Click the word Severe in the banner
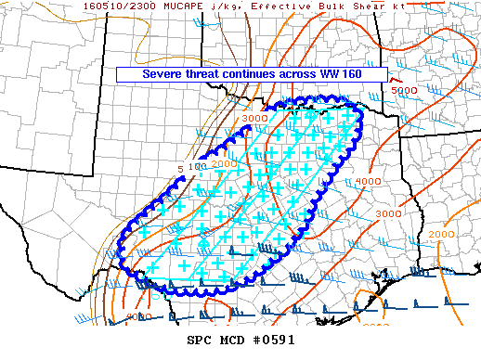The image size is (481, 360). (x=165, y=73)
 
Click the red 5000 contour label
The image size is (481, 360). (x=403, y=91)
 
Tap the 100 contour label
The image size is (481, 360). (x=196, y=167)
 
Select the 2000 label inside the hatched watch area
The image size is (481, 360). (x=225, y=163)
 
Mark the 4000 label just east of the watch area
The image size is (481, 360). (x=369, y=181)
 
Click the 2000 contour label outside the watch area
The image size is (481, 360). (x=442, y=235)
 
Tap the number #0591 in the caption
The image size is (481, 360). (x=274, y=340)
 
